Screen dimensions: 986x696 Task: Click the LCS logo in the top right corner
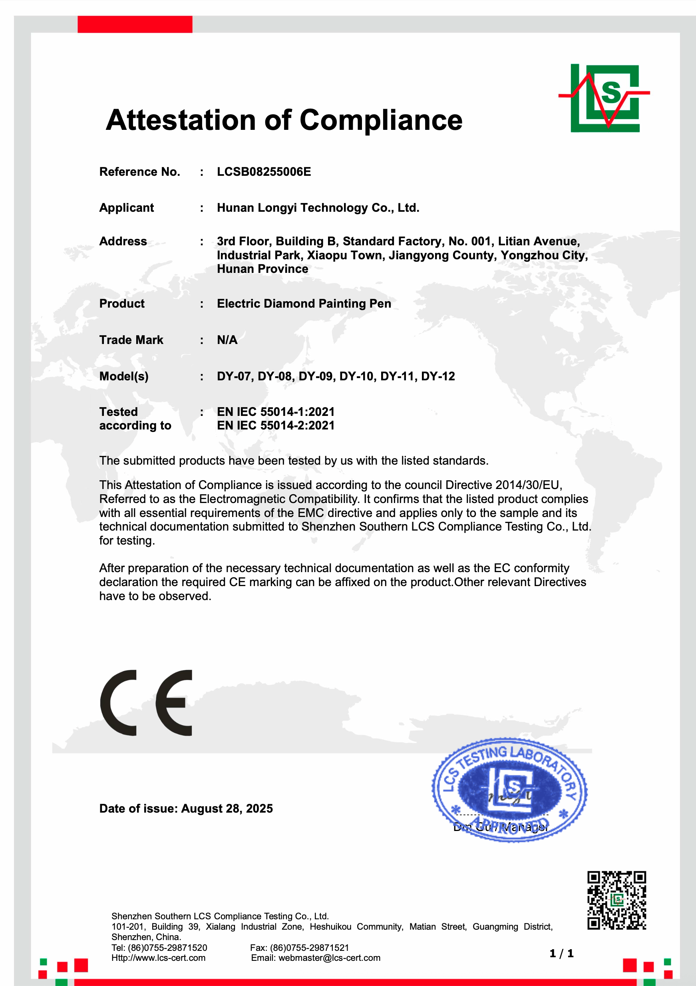pos(605,98)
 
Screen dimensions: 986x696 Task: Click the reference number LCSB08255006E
pos(264,172)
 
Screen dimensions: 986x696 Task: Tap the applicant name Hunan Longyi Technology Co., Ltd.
pos(318,208)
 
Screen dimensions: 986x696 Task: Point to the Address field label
pos(123,241)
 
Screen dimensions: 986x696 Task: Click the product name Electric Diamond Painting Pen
pos(304,304)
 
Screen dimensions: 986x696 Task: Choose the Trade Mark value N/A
pos(227,340)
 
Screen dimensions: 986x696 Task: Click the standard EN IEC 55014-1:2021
pos(275,412)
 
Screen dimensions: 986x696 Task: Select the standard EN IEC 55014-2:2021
pos(275,425)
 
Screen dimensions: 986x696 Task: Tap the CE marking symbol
pos(146,703)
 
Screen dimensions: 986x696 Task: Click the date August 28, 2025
pos(227,809)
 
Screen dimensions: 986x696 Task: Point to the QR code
pos(616,900)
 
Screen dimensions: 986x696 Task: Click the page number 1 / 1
pos(561,953)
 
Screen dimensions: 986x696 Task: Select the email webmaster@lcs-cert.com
pos(329,958)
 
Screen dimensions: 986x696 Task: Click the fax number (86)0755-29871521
pos(309,947)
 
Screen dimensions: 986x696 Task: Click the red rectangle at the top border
pos(135,24)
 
